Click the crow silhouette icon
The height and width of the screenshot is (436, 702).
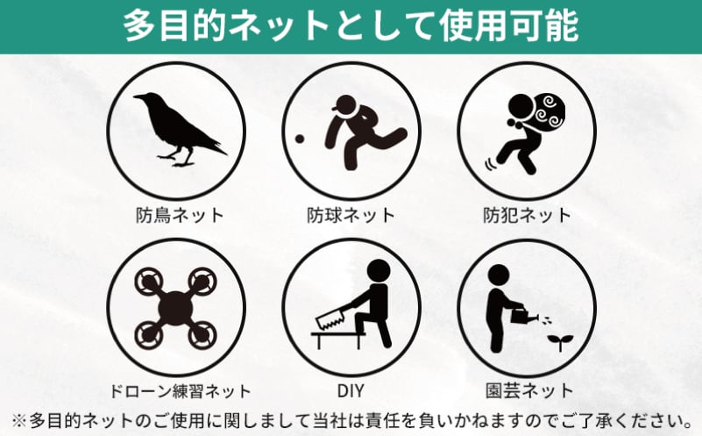point(179,129)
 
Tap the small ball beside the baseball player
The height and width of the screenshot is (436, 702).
point(300,139)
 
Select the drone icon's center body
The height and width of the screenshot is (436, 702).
point(175,308)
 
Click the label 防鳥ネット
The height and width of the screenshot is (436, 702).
point(180,216)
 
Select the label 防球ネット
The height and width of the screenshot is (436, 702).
point(351,216)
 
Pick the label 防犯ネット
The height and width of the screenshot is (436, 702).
point(527,216)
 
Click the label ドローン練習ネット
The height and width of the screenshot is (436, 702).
point(180,391)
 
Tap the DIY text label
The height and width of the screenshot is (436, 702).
point(351,391)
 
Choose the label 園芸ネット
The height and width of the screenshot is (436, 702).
point(529,391)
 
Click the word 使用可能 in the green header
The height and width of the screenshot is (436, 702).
point(508,26)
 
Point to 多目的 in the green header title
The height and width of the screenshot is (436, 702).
point(174,26)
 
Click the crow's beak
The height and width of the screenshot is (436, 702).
point(139,96)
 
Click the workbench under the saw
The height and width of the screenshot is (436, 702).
point(338,340)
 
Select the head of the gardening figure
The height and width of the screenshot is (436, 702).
point(498,275)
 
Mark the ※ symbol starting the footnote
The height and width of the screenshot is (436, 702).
point(19,421)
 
